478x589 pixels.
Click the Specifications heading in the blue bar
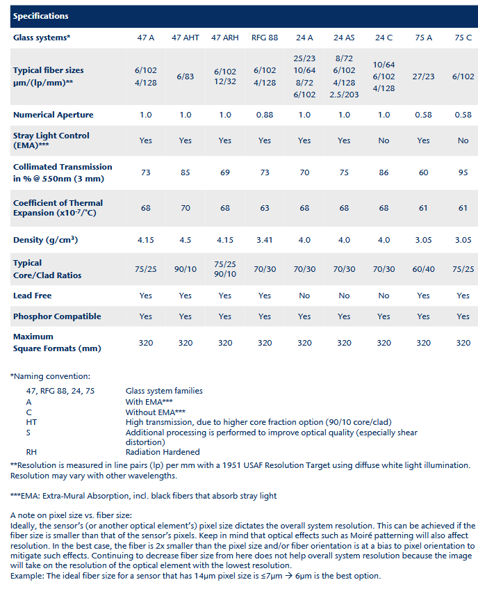click(x=41, y=15)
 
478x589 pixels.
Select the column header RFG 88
click(x=265, y=37)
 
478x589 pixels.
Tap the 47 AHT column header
click(x=186, y=37)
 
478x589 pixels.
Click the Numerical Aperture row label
click(x=53, y=115)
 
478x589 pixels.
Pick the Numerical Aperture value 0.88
click(x=265, y=115)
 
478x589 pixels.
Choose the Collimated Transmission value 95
click(x=463, y=172)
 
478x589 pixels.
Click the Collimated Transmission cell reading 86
click(x=384, y=172)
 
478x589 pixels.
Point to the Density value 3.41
click(x=265, y=240)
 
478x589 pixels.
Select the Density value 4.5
click(x=186, y=240)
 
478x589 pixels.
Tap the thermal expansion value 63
click(x=265, y=207)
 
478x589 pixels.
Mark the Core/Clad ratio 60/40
click(x=424, y=269)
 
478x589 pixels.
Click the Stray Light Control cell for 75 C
click(x=463, y=140)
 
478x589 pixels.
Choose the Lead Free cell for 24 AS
click(x=345, y=296)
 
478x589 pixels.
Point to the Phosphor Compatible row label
click(x=57, y=316)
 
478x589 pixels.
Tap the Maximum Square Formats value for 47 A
click(x=146, y=343)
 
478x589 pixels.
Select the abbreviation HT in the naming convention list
click(x=31, y=421)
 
